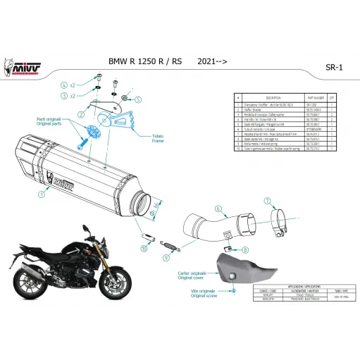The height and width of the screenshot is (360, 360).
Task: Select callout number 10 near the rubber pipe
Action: [144, 249]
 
